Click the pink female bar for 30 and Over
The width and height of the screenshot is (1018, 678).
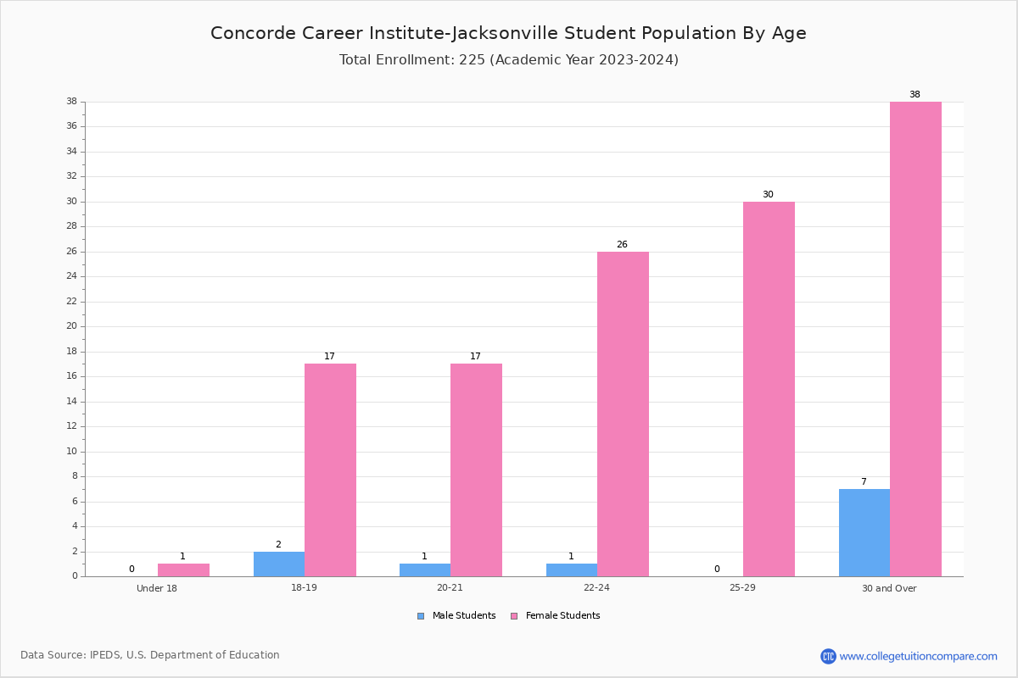click(915, 339)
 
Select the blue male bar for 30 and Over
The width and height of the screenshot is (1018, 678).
click(864, 533)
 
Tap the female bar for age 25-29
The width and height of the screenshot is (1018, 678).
click(769, 389)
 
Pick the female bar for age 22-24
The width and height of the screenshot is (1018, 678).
click(623, 414)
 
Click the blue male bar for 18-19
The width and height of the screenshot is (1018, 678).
click(279, 564)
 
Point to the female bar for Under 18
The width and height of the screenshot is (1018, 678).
click(183, 570)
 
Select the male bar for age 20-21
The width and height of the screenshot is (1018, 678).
click(425, 570)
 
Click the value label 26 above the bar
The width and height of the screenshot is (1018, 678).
click(622, 244)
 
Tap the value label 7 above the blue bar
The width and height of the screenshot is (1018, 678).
click(864, 481)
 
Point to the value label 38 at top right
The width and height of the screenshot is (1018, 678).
click(915, 94)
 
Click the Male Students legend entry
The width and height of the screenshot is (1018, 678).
click(456, 615)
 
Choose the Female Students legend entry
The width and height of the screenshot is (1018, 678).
click(556, 615)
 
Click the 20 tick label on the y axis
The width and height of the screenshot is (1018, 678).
click(72, 326)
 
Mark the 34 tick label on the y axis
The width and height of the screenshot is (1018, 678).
click(72, 151)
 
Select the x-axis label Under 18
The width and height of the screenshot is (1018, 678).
click(157, 588)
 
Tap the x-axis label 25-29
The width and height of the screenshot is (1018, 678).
click(742, 587)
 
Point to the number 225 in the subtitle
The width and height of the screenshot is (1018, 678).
click(473, 59)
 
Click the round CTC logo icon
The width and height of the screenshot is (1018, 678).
click(828, 656)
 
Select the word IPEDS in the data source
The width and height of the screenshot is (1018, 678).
click(105, 655)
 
